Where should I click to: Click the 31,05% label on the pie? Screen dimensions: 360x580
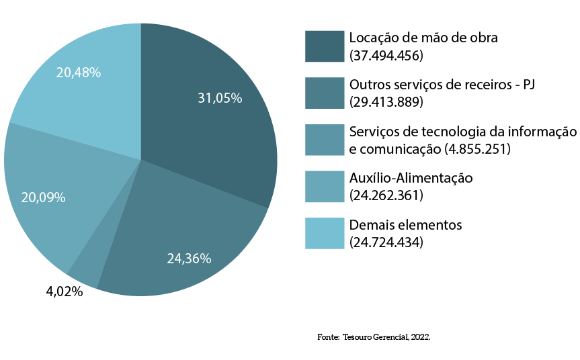point(220,98)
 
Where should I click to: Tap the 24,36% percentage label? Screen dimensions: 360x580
point(189,258)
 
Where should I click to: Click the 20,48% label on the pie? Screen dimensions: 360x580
point(79,73)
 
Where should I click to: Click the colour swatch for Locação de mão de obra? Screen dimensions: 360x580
point(324,46)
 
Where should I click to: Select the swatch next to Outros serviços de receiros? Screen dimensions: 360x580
point(324,93)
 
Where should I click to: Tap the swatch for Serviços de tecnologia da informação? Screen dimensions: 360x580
point(324,140)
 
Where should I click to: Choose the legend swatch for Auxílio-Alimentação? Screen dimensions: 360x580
point(324,187)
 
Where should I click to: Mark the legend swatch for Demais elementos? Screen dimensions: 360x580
point(324,233)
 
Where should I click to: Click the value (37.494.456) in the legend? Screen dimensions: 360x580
point(386,55)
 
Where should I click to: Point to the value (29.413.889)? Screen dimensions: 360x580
point(386,102)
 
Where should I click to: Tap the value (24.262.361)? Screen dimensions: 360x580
point(386,195)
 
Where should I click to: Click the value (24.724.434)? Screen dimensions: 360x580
point(386,242)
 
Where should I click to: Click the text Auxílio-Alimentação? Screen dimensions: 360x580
point(411,178)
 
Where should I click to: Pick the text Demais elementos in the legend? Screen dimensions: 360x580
point(405,224)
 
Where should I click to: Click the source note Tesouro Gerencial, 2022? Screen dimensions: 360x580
point(386,336)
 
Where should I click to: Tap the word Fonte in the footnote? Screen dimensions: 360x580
point(328,336)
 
